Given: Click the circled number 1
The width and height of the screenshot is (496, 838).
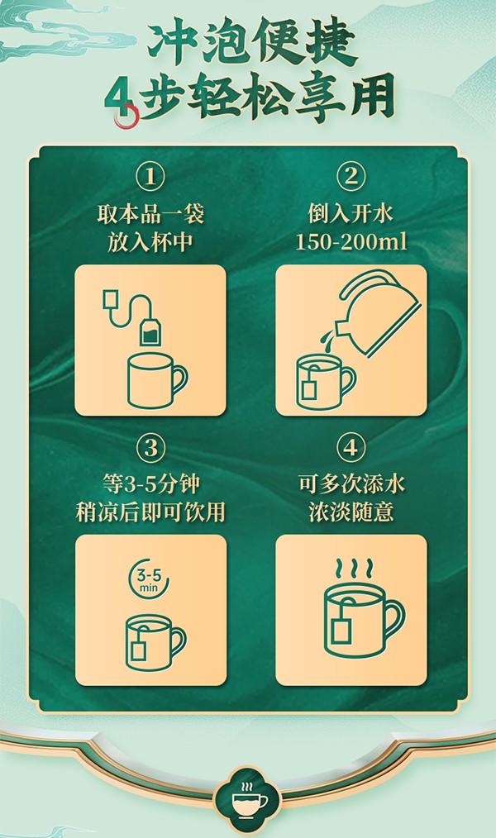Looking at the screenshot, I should [150, 177].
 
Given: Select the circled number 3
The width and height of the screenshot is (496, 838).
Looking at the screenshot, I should [150, 448].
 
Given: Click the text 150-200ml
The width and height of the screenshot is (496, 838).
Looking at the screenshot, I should [351, 242].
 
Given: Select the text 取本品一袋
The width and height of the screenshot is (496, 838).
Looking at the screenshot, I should [150, 216].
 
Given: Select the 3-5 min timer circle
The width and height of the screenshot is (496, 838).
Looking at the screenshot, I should [150, 577].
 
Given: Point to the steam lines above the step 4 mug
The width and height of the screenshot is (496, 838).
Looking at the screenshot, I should [351, 570].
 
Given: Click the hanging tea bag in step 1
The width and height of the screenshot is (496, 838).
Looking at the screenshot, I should [150, 332].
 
